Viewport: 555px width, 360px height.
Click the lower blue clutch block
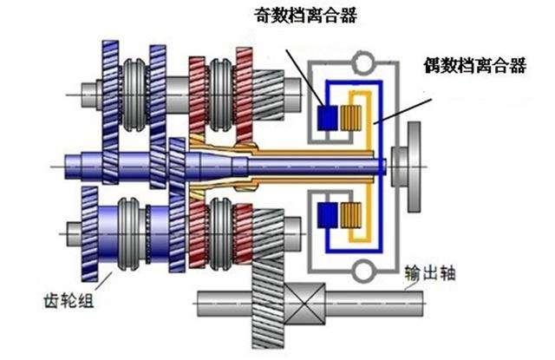coord(329,213)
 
